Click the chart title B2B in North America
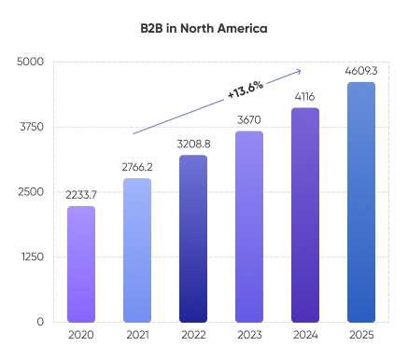click(x=204, y=28)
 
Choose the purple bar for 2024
click(x=305, y=215)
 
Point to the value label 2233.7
click(x=81, y=194)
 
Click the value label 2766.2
click(x=137, y=166)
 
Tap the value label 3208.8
click(x=193, y=144)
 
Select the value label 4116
click(x=305, y=96)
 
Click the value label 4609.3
click(x=361, y=70)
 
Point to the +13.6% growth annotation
click(x=245, y=90)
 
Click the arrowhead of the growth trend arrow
click(x=298, y=70)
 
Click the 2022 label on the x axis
click(x=193, y=335)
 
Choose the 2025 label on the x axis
click(x=361, y=335)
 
